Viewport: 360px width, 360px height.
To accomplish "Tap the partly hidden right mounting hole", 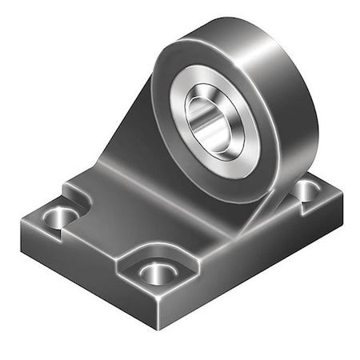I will [307, 189].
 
